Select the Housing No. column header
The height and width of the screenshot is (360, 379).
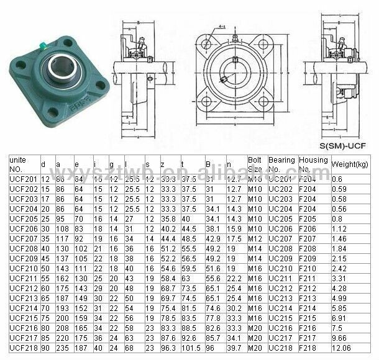[313, 164]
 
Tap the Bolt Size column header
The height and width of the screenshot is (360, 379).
[255, 164]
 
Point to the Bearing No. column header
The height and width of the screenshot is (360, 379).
[281, 164]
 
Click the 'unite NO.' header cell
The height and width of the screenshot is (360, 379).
[22, 164]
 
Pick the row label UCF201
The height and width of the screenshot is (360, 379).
[22, 179]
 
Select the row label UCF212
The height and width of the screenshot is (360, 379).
[22, 288]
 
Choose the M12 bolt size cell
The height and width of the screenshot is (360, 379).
[255, 238]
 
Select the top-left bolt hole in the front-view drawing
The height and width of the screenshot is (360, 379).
[206, 43]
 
